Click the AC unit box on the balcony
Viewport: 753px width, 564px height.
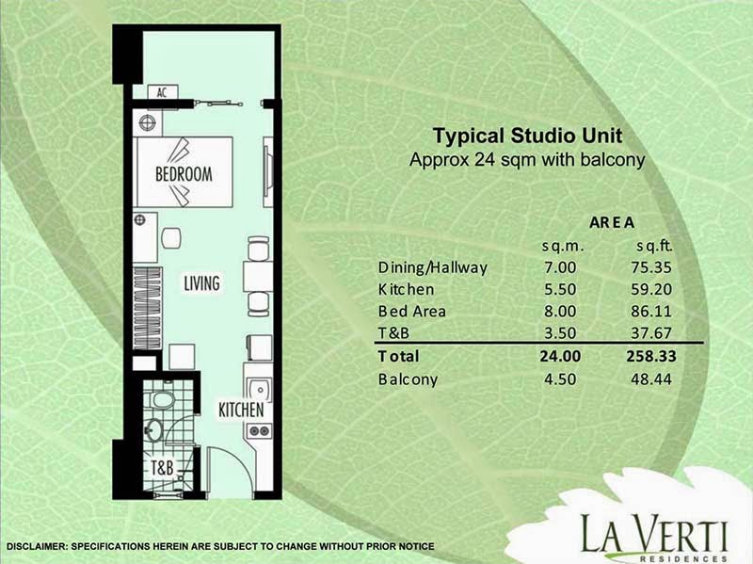pyautogui.click(x=163, y=92)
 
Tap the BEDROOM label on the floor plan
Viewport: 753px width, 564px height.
pyautogui.click(x=184, y=174)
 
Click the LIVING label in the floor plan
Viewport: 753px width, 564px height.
pyautogui.click(x=201, y=283)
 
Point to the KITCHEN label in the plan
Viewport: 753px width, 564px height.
pyautogui.click(x=241, y=410)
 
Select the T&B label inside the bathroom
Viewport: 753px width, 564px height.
pyautogui.click(x=162, y=467)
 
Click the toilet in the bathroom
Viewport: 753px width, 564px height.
pyautogui.click(x=162, y=399)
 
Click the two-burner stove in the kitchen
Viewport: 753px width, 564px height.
pyautogui.click(x=260, y=431)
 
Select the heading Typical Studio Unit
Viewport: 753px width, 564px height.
pyautogui.click(x=527, y=136)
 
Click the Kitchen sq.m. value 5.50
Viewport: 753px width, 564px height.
pyautogui.click(x=560, y=289)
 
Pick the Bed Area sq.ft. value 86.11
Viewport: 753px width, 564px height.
pyautogui.click(x=651, y=311)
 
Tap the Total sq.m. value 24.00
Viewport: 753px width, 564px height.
pyautogui.click(x=560, y=356)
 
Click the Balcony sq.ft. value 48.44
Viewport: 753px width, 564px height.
pyautogui.click(x=651, y=379)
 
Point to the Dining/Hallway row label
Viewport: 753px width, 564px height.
pyautogui.click(x=433, y=267)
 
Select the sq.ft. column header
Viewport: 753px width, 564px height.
pyautogui.click(x=655, y=246)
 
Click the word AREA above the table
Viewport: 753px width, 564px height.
pyautogui.click(x=612, y=222)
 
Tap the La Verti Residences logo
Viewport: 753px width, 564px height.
pyautogui.click(x=653, y=537)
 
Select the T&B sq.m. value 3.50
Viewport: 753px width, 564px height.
pyautogui.click(x=560, y=332)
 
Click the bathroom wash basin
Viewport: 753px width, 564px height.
pyautogui.click(x=153, y=430)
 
